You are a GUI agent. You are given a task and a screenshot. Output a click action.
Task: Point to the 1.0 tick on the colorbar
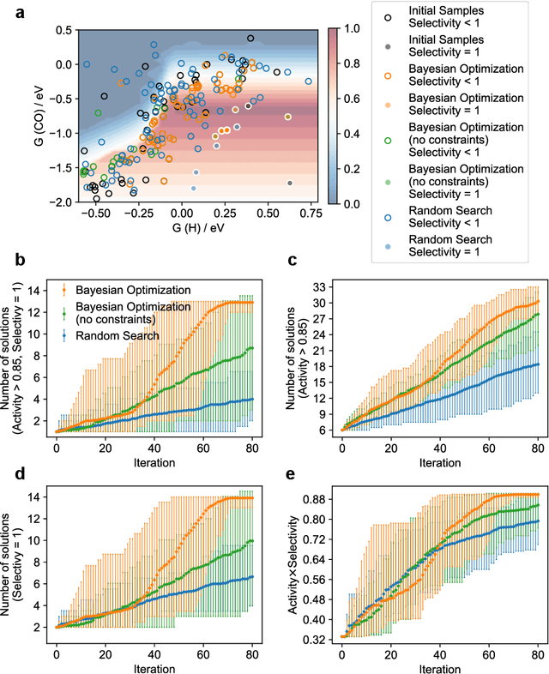click(x=345, y=28)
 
